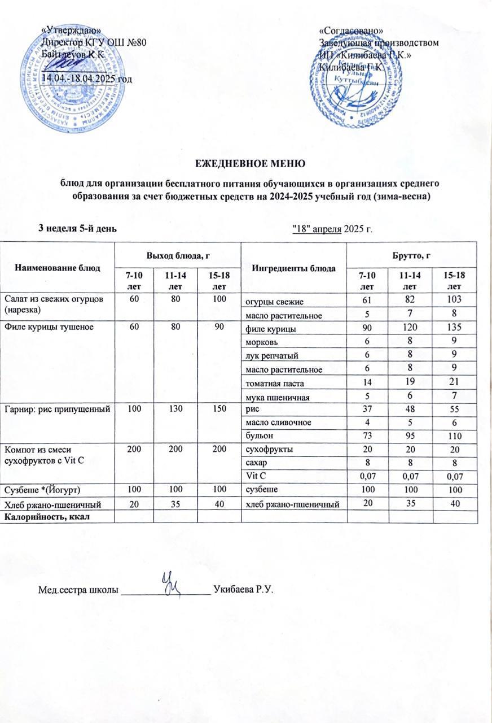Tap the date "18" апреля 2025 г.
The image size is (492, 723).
334,228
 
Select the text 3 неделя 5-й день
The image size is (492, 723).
77,228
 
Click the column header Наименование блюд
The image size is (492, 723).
58,267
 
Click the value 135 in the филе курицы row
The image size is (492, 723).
449,328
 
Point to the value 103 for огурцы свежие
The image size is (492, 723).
449,298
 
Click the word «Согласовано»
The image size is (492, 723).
352,30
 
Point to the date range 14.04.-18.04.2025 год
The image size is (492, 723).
88,77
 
